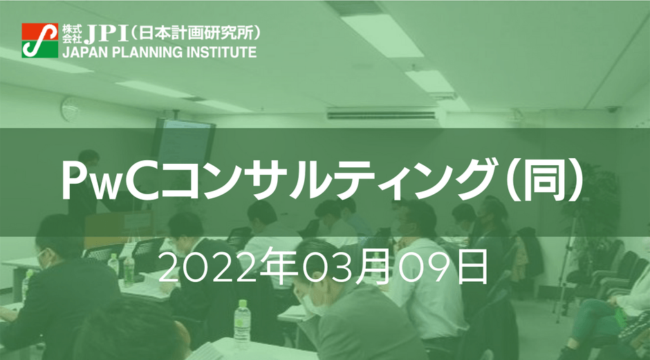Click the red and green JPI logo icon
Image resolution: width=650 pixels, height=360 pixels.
[40, 41]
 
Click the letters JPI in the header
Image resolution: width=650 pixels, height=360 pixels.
[106, 34]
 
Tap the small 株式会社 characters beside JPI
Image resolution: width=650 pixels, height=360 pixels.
[72, 34]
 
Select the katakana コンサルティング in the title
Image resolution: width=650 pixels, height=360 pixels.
[328, 181]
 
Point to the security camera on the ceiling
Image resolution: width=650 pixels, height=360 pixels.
[612, 109]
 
